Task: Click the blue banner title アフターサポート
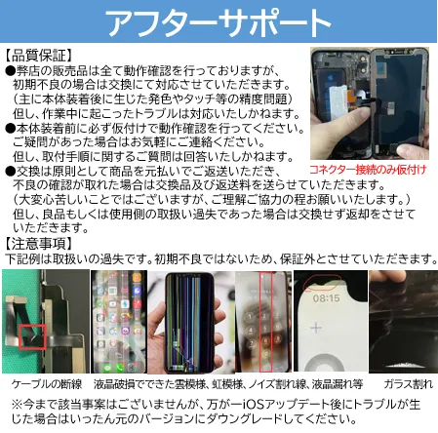point(219,22)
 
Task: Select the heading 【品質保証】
point(38,56)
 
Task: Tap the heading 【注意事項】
point(38,244)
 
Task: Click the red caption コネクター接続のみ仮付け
point(368,170)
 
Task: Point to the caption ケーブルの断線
point(47,384)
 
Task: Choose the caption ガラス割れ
point(408,384)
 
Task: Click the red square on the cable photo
point(32,336)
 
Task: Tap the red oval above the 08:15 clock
point(322,282)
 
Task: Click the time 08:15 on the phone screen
point(326,297)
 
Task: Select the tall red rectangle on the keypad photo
point(265,322)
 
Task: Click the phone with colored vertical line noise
point(189,323)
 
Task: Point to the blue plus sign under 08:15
point(316,328)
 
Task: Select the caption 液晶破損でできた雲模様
point(149,384)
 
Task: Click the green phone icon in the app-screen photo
point(119,367)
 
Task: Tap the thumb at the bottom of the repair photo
point(413,151)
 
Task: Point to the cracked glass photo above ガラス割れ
point(403,321)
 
